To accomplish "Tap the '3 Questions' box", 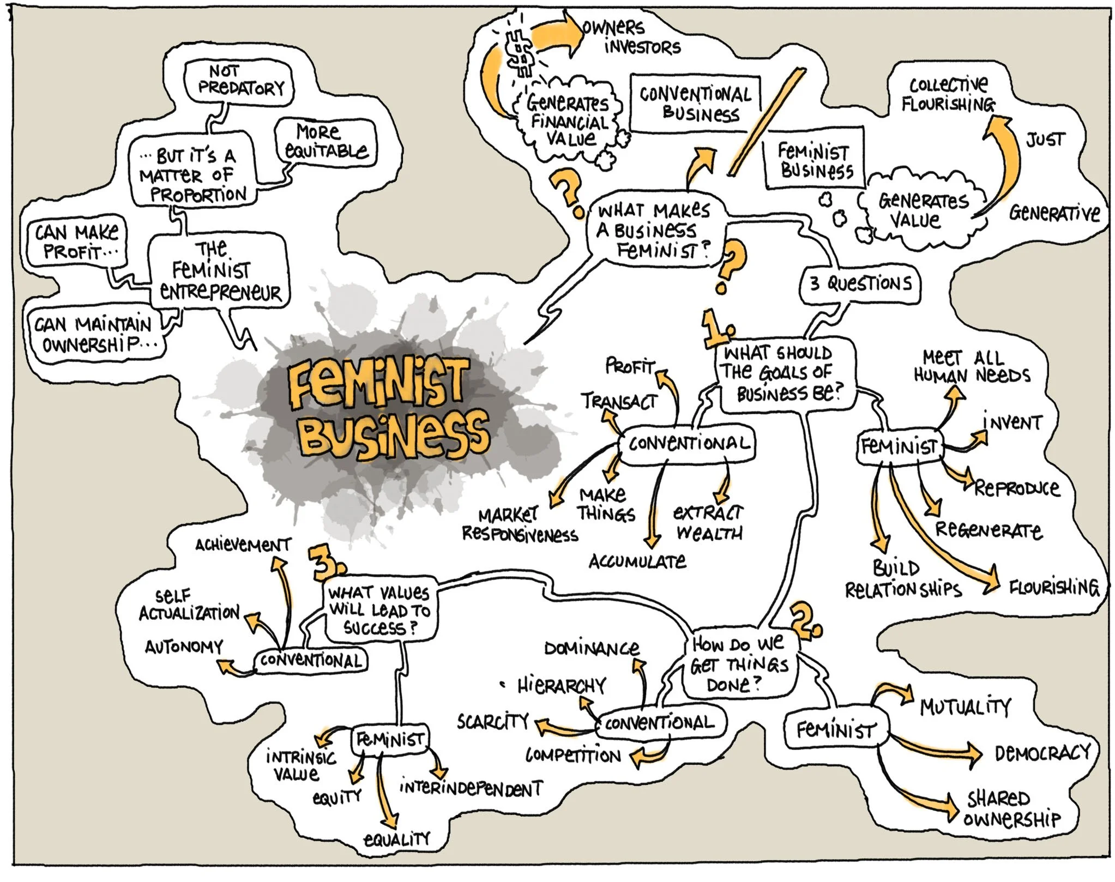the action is [860, 283].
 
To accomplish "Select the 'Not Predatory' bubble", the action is [239, 81].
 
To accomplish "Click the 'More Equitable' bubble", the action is [326, 142].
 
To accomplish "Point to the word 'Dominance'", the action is [592, 648].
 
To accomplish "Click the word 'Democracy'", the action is [1042, 753].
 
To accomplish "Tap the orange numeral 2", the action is [806, 620].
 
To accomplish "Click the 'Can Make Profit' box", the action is [76, 241].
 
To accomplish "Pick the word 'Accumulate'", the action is [637, 561].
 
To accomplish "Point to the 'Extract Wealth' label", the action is [708, 522].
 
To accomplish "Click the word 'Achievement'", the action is [243, 544].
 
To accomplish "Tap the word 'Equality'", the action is [397, 838].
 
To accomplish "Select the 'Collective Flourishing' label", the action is [948, 94].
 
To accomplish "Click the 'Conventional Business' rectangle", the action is [695, 104].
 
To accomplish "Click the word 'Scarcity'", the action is [493, 722].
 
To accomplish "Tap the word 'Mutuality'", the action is [966, 707].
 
